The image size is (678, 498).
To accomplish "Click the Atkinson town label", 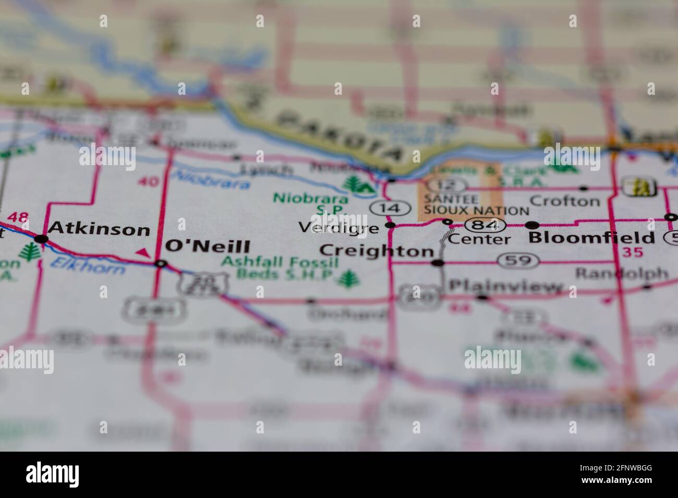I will [x=99, y=229].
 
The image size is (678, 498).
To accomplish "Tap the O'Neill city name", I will [x=208, y=246].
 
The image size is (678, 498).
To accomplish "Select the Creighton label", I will [x=376, y=251].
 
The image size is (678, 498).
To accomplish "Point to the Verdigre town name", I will [x=338, y=228].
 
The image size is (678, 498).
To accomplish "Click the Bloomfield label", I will [x=591, y=238].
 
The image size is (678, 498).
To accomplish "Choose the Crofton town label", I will [x=564, y=201].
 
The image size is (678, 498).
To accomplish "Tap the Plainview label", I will [x=506, y=286].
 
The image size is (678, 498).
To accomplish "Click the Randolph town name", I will [x=621, y=273].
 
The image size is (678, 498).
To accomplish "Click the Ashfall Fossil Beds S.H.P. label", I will [x=280, y=267].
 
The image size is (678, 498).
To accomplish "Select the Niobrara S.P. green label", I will [x=311, y=204].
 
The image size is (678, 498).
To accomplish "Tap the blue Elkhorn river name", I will [x=88, y=266].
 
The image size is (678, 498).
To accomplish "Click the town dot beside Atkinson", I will [x=42, y=239].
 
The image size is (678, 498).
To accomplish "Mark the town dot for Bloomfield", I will [x=532, y=226].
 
